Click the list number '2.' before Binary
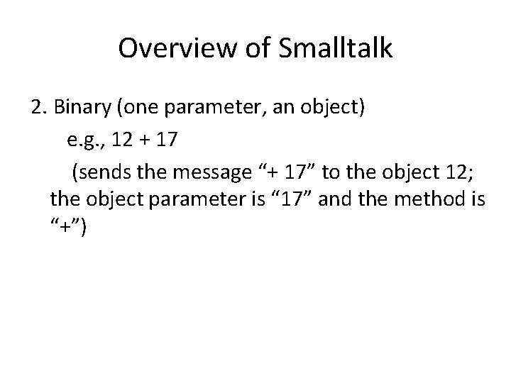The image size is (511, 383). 39,108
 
